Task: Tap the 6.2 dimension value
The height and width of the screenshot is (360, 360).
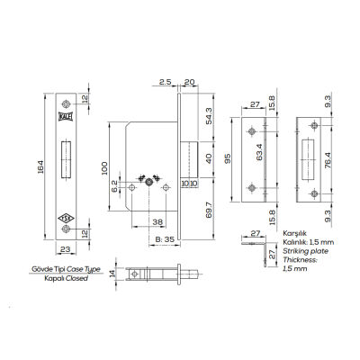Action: (114, 187)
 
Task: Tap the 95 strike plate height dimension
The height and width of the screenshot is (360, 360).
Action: (229, 158)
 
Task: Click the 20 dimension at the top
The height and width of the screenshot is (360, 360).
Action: (189, 81)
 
